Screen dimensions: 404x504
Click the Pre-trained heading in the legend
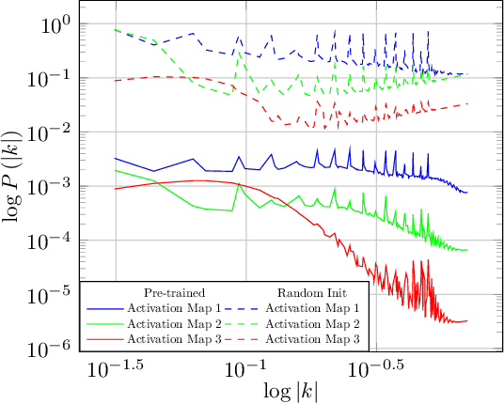[x=174, y=291]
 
